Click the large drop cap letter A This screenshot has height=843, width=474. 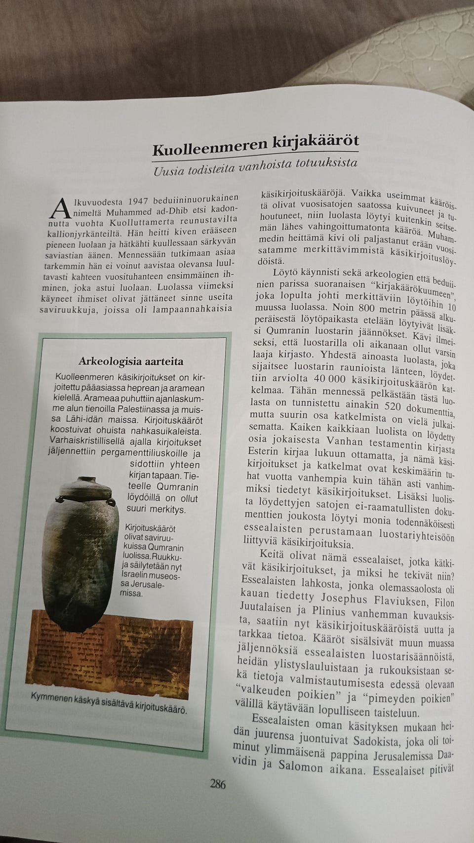tap(59, 208)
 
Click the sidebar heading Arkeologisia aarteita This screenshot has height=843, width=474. tap(130, 361)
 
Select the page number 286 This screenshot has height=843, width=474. tap(217, 783)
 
